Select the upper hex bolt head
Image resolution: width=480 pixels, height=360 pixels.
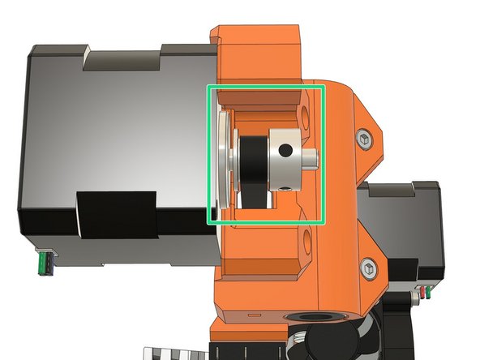click(x=366, y=139)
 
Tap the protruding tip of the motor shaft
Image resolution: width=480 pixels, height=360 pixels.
click(x=313, y=156)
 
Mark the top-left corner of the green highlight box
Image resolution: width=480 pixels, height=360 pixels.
click(x=209, y=86)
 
